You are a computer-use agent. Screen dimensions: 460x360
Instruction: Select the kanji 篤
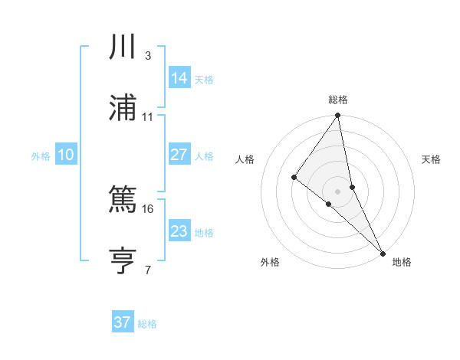[x=123, y=201]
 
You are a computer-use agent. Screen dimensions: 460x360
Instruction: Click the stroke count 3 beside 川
[x=147, y=56]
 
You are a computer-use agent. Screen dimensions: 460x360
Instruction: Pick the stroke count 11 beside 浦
[x=148, y=117]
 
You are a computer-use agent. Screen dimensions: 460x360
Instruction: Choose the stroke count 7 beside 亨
[x=147, y=270]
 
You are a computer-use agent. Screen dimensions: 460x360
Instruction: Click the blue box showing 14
[x=179, y=78]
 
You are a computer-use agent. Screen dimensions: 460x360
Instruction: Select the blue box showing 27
[x=179, y=155]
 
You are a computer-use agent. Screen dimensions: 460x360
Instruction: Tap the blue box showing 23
[x=179, y=231]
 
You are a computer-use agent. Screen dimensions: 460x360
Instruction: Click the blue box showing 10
[x=65, y=155]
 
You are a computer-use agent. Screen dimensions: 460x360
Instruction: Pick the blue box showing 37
[x=122, y=322]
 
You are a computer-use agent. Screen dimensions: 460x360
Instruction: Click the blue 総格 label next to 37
[x=147, y=324]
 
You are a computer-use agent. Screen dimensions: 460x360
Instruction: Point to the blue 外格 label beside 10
[x=41, y=156]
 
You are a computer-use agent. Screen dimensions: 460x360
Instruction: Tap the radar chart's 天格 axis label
[x=431, y=159]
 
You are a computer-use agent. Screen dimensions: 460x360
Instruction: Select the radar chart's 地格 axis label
[x=402, y=262]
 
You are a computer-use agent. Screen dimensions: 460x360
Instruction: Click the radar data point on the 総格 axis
[x=337, y=116]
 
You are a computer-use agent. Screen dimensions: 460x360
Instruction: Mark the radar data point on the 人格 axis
[x=294, y=178]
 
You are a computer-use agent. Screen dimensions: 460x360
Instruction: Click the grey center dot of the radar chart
[x=337, y=191]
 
